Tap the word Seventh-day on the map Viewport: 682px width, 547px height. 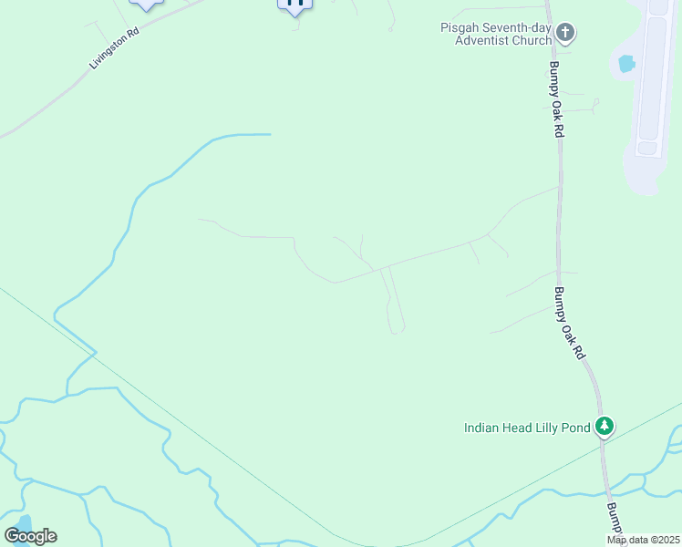511,27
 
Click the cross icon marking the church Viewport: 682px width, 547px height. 565,34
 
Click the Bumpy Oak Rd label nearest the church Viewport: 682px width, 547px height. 556,101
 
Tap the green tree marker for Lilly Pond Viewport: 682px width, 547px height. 604,426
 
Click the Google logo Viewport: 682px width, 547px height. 30,536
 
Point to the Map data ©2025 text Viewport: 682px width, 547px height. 643,540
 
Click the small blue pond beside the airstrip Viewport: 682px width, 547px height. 626,64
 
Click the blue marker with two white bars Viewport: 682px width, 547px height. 294,5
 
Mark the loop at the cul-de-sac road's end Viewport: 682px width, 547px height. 396,329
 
